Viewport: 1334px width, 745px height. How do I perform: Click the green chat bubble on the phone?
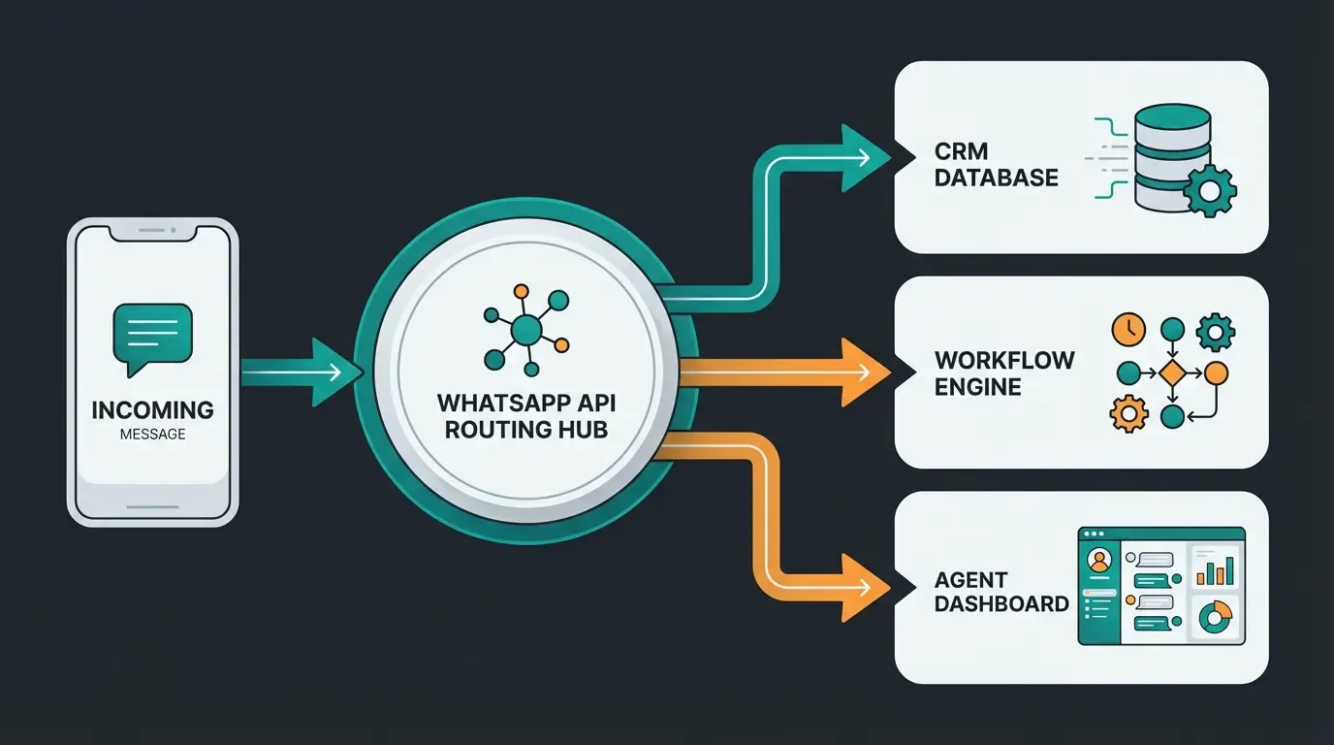(153, 336)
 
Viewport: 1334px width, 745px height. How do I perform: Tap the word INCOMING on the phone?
(152, 409)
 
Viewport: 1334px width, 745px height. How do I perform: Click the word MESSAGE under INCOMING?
(152, 434)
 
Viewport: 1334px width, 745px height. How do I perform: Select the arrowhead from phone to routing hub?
(330, 372)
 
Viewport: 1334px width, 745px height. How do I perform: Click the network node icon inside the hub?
(525, 329)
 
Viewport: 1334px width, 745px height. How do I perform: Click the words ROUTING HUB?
(525, 429)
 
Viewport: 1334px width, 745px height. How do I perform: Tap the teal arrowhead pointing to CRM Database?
(866, 157)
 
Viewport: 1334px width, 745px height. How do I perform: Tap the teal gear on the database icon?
(1209, 190)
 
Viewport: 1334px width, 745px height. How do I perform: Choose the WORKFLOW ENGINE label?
(1004, 373)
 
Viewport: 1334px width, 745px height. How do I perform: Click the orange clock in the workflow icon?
(1128, 330)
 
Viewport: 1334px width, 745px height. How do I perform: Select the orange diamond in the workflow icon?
(1172, 372)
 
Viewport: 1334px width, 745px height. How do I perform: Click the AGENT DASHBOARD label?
(1001, 592)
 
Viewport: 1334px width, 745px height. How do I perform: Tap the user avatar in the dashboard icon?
(1099, 561)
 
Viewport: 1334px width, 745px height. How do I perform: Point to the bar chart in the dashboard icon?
(1215, 568)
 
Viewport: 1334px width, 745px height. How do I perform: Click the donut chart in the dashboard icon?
(1215, 615)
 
